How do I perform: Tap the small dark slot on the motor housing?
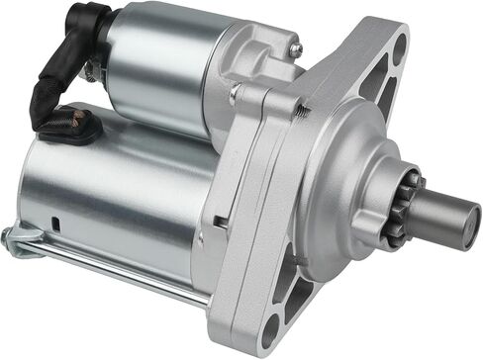[x=56, y=224]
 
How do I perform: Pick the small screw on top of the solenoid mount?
[x=294, y=48]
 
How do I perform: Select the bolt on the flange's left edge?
[x=235, y=94]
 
